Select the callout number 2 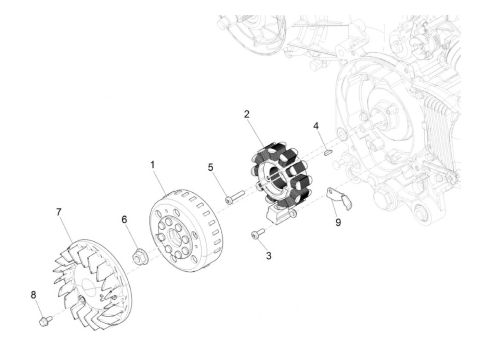coord(247,115)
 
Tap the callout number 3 coord(269,255)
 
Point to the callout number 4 coord(316,126)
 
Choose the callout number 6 coord(124,220)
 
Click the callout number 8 coord(34,295)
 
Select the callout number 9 coord(338,222)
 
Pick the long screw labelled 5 coord(234,196)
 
